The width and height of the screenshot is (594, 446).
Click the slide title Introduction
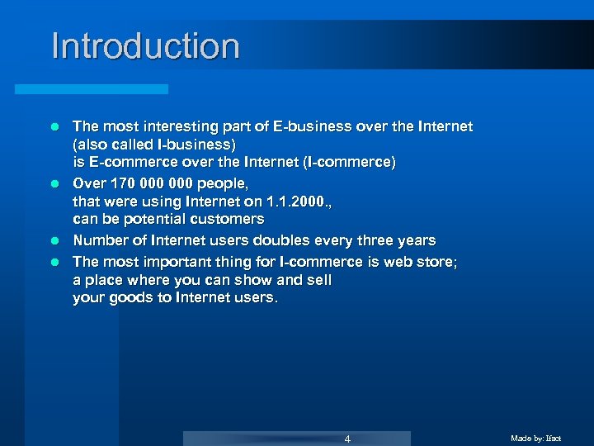click(145, 46)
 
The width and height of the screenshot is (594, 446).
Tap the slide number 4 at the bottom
click(347, 439)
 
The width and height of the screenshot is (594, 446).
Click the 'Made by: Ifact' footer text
click(535, 439)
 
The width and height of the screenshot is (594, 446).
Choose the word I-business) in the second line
click(189, 145)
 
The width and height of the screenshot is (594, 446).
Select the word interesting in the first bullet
click(170, 126)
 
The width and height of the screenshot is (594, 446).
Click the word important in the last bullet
click(171, 261)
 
